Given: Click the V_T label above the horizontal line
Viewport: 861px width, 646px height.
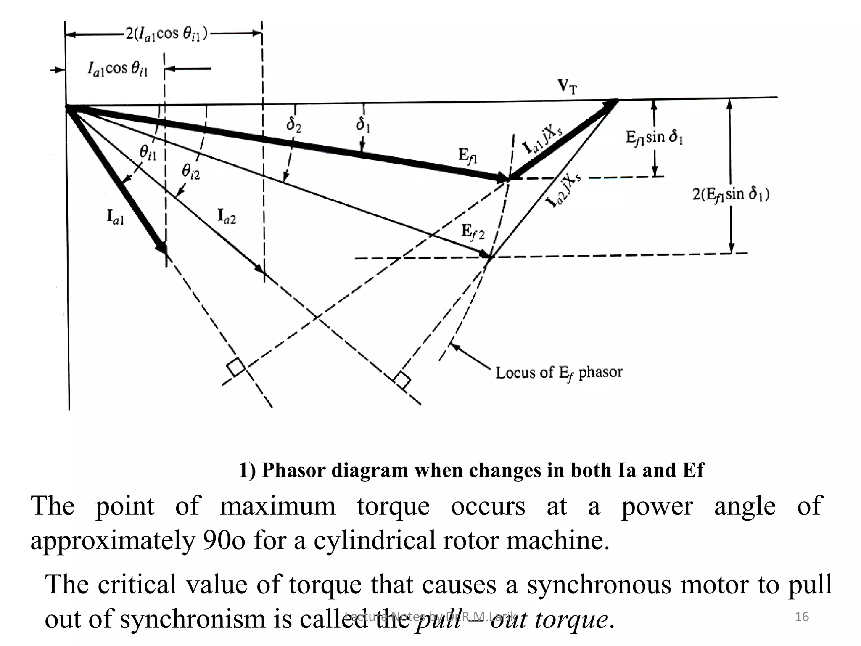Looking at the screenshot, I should click(x=567, y=87).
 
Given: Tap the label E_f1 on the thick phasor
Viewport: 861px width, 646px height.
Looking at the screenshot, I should click(x=467, y=156).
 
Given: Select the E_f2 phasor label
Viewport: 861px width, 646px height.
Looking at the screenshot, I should click(x=473, y=232).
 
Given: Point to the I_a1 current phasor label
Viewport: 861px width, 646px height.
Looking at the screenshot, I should click(x=115, y=217).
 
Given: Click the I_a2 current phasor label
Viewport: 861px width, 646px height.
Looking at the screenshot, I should click(x=227, y=217).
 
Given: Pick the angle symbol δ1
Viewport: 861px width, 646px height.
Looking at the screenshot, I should click(x=362, y=124).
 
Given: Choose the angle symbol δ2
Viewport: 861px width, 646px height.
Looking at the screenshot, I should click(x=294, y=125).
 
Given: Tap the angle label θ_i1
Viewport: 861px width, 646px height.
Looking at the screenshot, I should click(x=148, y=152).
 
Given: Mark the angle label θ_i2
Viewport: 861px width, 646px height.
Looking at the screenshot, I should click(x=191, y=171).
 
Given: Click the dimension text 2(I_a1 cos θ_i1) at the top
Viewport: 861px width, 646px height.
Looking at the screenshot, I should click(x=166, y=34).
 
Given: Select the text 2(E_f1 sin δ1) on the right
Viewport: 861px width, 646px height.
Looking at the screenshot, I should click(x=731, y=195).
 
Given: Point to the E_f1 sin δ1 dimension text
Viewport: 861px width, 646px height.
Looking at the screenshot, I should click(x=654, y=137).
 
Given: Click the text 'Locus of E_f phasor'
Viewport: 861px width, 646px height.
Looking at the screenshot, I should click(x=558, y=373).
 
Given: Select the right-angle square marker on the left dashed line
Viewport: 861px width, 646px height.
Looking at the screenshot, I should click(x=235, y=367).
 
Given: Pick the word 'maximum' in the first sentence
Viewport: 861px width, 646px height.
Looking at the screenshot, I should click(x=277, y=506).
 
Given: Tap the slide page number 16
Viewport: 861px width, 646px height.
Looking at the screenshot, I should click(x=802, y=617).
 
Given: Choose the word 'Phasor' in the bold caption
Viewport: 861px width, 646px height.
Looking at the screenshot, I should click(x=294, y=470).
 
